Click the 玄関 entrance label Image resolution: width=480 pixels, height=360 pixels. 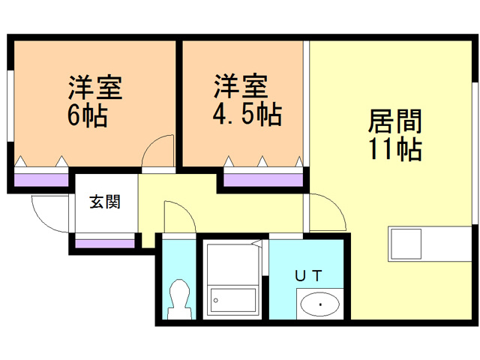click(105, 202)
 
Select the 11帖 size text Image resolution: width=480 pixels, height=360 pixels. click(394, 149)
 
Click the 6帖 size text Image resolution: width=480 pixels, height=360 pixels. click(88, 116)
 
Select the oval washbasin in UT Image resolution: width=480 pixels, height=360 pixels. click(319, 304)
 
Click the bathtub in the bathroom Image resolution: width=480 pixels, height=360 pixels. click(233, 302)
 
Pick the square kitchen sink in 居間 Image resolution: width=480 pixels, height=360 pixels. click(406, 242)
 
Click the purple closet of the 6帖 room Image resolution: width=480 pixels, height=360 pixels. click(41, 178)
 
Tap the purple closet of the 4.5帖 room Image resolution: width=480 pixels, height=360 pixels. click(262, 178)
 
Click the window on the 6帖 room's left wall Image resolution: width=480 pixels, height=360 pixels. click(10, 104)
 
